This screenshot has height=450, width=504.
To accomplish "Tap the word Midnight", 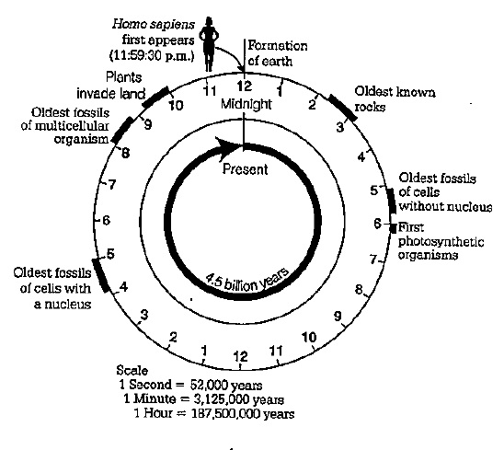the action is click(x=246, y=104).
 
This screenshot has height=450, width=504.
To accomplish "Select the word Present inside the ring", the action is click(x=245, y=169).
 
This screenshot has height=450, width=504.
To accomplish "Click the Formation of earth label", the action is click(x=278, y=53).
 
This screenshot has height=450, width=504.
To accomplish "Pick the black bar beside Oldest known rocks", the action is click(x=343, y=108).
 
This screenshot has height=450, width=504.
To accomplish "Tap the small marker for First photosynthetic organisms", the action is click(x=393, y=227).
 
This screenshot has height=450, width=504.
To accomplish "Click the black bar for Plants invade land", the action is click(x=155, y=97).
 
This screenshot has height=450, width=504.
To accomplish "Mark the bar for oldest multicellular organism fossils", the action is click(x=122, y=130).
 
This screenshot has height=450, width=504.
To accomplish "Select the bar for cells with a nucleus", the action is click(x=100, y=275).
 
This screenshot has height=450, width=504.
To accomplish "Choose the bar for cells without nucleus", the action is click(x=392, y=201).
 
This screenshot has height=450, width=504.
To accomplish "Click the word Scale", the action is click(x=132, y=371).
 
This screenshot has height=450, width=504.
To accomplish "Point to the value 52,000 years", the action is click(x=226, y=385).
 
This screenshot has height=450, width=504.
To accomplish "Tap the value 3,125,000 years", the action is click(x=239, y=399).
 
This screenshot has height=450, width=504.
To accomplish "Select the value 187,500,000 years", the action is click(x=243, y=413).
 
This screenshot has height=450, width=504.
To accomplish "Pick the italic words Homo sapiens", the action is click(x=154, y=25).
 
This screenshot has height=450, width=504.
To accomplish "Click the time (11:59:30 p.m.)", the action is click(x=153, y=55).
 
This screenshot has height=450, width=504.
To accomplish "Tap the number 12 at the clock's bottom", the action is click(x=240, y=356).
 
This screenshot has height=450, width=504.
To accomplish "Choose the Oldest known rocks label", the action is click(x=395, y=99).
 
